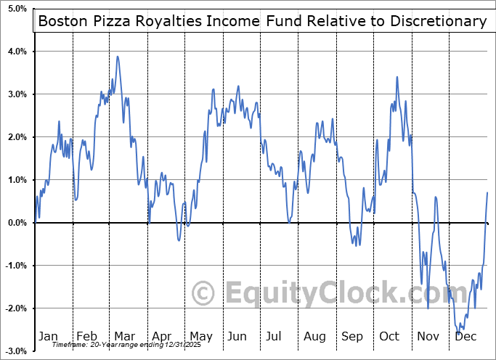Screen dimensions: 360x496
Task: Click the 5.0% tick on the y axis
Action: (x=17, y=9)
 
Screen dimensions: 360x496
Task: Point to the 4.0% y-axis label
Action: (x=17, y=52)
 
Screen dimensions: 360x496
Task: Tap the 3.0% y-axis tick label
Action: (x=17, y=94)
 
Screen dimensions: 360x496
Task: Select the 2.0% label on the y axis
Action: (x=17, y=137)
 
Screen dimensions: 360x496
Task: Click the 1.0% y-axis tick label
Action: (x=17, y=180)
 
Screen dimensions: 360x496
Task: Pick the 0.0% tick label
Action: (x=17, y=223)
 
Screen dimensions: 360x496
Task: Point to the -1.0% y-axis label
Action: (x=15, y=266)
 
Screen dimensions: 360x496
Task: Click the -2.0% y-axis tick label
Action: (x=15, y=308)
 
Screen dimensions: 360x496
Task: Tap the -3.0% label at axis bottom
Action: (x=15, y=351)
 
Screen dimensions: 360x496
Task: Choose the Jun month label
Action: (x=238, y=336)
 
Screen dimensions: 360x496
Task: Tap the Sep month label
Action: (x=352, y=336)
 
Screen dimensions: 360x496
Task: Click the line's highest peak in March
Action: (x=118, y=57)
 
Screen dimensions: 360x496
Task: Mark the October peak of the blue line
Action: (x=397, y=77)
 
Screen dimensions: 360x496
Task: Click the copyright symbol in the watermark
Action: (x=204, y=293)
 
